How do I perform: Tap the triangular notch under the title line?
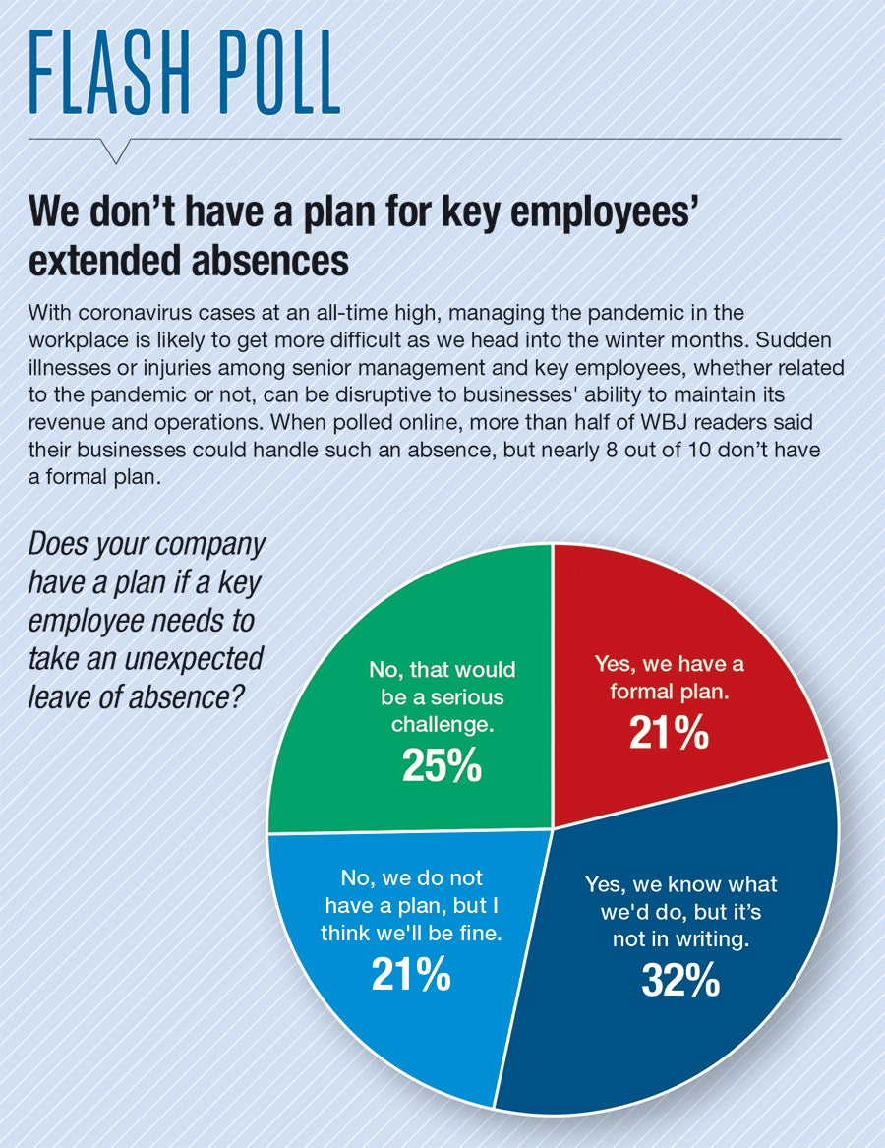[116, 150]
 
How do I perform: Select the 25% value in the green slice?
[442, 766]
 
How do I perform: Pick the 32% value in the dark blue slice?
[680, 980]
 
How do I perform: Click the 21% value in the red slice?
[669, 733]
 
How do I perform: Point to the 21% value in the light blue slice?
[411, 974]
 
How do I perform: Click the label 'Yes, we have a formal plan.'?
[669, 677]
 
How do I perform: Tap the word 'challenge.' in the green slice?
[442, 724]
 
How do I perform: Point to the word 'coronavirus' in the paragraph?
[125, 312]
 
